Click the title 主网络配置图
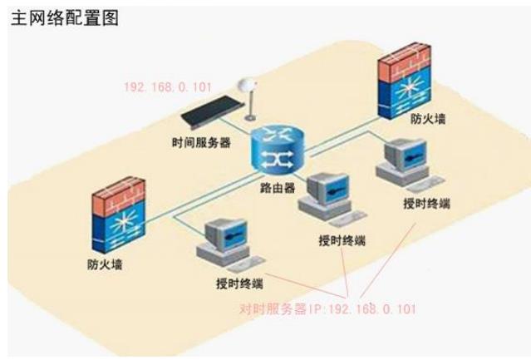[64, 18]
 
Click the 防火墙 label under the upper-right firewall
[429, 119]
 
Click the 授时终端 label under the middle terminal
[342, 241]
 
